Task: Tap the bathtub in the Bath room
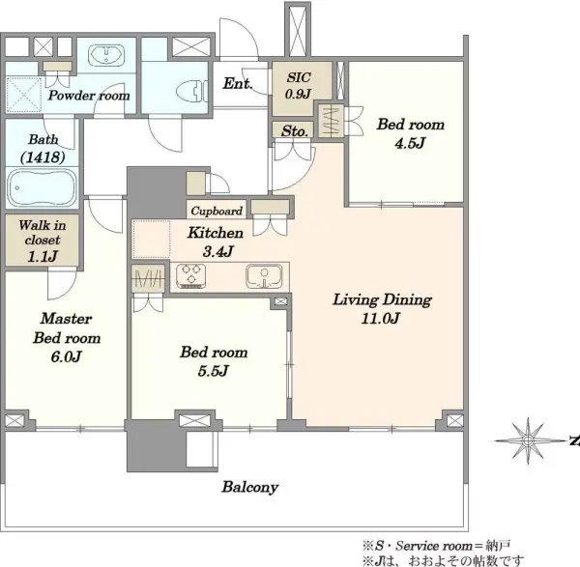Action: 42,187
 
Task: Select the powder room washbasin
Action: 106,55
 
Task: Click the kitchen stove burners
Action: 190,275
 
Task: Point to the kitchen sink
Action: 264,276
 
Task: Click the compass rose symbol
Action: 528,440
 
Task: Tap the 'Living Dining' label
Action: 382,299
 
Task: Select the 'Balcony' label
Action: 250,487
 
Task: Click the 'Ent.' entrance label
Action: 238,83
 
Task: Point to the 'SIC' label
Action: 299,77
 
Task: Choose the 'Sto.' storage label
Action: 295,130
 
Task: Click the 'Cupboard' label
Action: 217,211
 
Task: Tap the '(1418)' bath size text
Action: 43,157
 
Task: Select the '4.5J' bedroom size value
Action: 410,143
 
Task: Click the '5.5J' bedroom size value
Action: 214,370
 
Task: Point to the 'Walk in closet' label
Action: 43,233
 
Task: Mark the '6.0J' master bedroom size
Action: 66,356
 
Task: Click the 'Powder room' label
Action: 89,96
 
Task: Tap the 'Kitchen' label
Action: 216,233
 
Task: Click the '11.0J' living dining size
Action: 381,318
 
